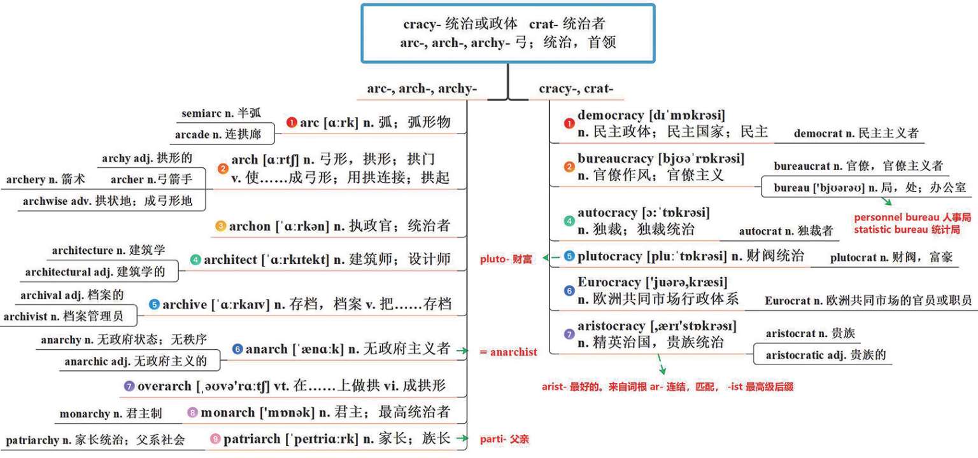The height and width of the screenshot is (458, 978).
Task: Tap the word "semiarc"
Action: (201, 113)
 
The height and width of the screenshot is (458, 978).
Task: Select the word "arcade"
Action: (192, 134)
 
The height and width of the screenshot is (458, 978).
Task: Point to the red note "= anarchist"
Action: (508, 352)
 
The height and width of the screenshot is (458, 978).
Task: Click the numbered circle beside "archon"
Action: (220, 226)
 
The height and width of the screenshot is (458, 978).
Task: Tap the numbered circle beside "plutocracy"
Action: (569, 256)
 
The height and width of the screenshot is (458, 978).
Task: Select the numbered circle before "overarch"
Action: (129, 386)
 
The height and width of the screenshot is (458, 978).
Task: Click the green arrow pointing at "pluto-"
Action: (551, 258)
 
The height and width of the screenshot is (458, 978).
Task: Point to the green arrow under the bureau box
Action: (886, 202)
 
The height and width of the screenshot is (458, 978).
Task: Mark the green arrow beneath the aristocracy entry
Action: (661, 364)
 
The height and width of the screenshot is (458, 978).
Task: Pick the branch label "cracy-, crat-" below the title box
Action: (576, 89)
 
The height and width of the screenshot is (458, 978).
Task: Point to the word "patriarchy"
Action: (32, 440)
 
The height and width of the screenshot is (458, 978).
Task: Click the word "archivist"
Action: (25, 316)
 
